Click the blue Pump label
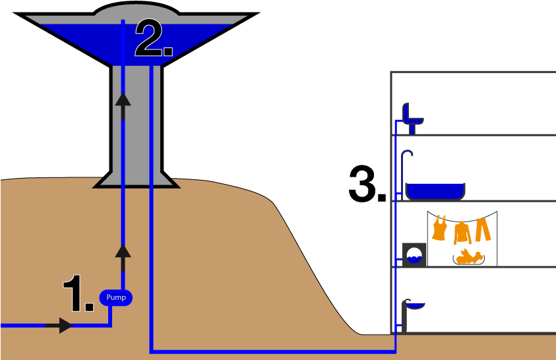pos(116,298)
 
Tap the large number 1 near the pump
pos(78,293)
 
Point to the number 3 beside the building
pos(365,184)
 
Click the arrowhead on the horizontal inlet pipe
pos(65,325)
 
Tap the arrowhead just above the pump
pos(123,251)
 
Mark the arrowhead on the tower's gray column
pos(123,100)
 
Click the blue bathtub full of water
pos(435,191)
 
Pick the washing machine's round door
pos(415,255)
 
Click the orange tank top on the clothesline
pos(440,228)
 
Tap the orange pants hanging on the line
pos(483,228)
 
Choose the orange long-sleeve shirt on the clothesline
pos(462,231)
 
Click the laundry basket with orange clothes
pos(468,257)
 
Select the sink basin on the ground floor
pos(414,305)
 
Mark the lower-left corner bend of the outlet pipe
pos(152,351)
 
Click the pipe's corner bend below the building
pos(394,351)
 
